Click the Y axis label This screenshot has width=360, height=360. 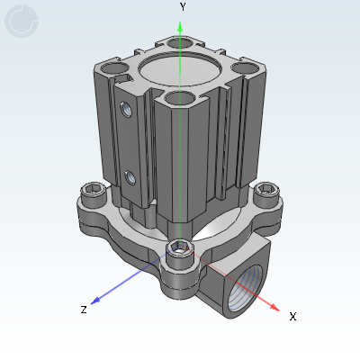click(x=183, y=6)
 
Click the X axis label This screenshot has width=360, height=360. click(x=292, y=316)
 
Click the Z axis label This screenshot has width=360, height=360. click(x=83, y=310)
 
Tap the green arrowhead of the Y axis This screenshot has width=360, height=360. click(x=181, y=27)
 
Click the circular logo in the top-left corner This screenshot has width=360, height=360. click(x=22, y=22)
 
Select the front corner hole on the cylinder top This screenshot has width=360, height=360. click(x=179, y=97)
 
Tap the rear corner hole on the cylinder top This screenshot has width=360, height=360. click(x=176, y=41)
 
